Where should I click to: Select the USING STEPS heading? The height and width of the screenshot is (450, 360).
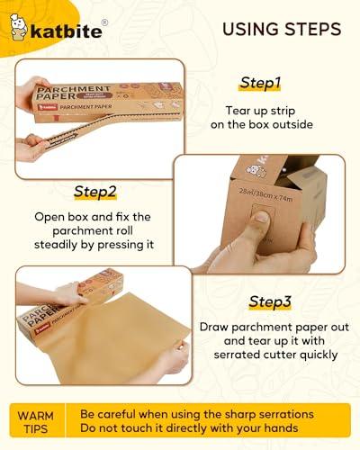coord(281,29)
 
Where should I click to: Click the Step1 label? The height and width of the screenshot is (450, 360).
coord(260,83)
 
